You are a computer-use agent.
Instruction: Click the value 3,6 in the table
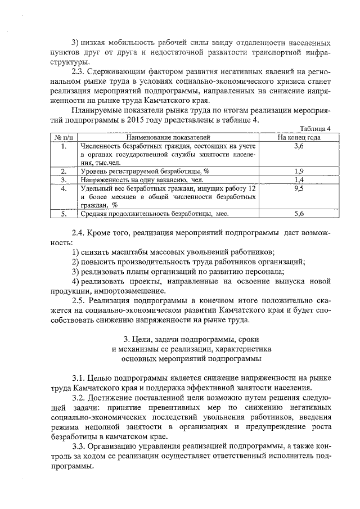tap(299, 146)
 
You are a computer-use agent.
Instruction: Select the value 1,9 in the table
tap(299, 170)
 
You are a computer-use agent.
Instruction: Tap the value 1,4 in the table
tap(299, 179)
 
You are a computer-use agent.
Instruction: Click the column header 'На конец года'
tap(299, 137)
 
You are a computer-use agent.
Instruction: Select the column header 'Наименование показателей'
tap(168, 137)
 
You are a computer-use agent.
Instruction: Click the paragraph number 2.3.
tap(79, 71)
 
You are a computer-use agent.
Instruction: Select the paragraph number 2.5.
tap(79, 301)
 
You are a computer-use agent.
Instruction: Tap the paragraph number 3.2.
tap(79, 397)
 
